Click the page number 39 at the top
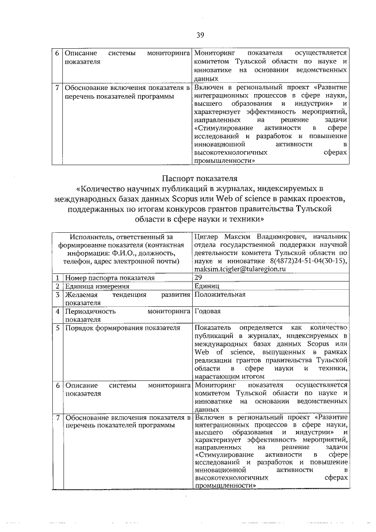(200, 35)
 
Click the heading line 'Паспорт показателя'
(200, 177)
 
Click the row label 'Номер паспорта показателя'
(110, 277)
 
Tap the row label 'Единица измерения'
(96, 286)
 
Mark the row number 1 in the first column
(58, 277)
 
